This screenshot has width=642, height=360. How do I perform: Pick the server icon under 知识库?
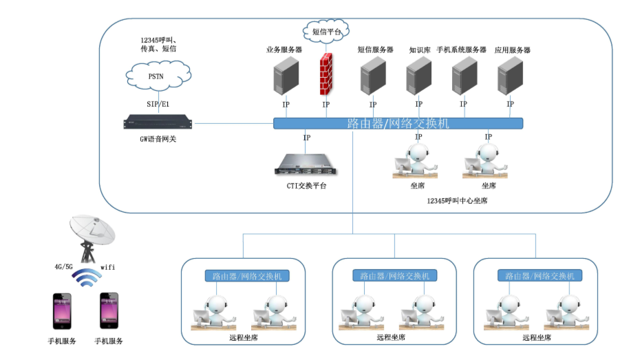418,76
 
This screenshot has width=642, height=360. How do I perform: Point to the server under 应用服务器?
510,76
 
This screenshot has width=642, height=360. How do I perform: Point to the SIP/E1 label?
158,104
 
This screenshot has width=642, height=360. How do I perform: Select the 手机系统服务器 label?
461,50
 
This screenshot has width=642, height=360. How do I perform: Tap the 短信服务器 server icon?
372,76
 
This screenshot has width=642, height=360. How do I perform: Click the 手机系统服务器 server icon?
464,76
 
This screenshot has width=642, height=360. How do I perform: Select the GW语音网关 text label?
158,139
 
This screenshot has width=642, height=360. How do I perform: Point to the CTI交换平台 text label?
306,185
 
